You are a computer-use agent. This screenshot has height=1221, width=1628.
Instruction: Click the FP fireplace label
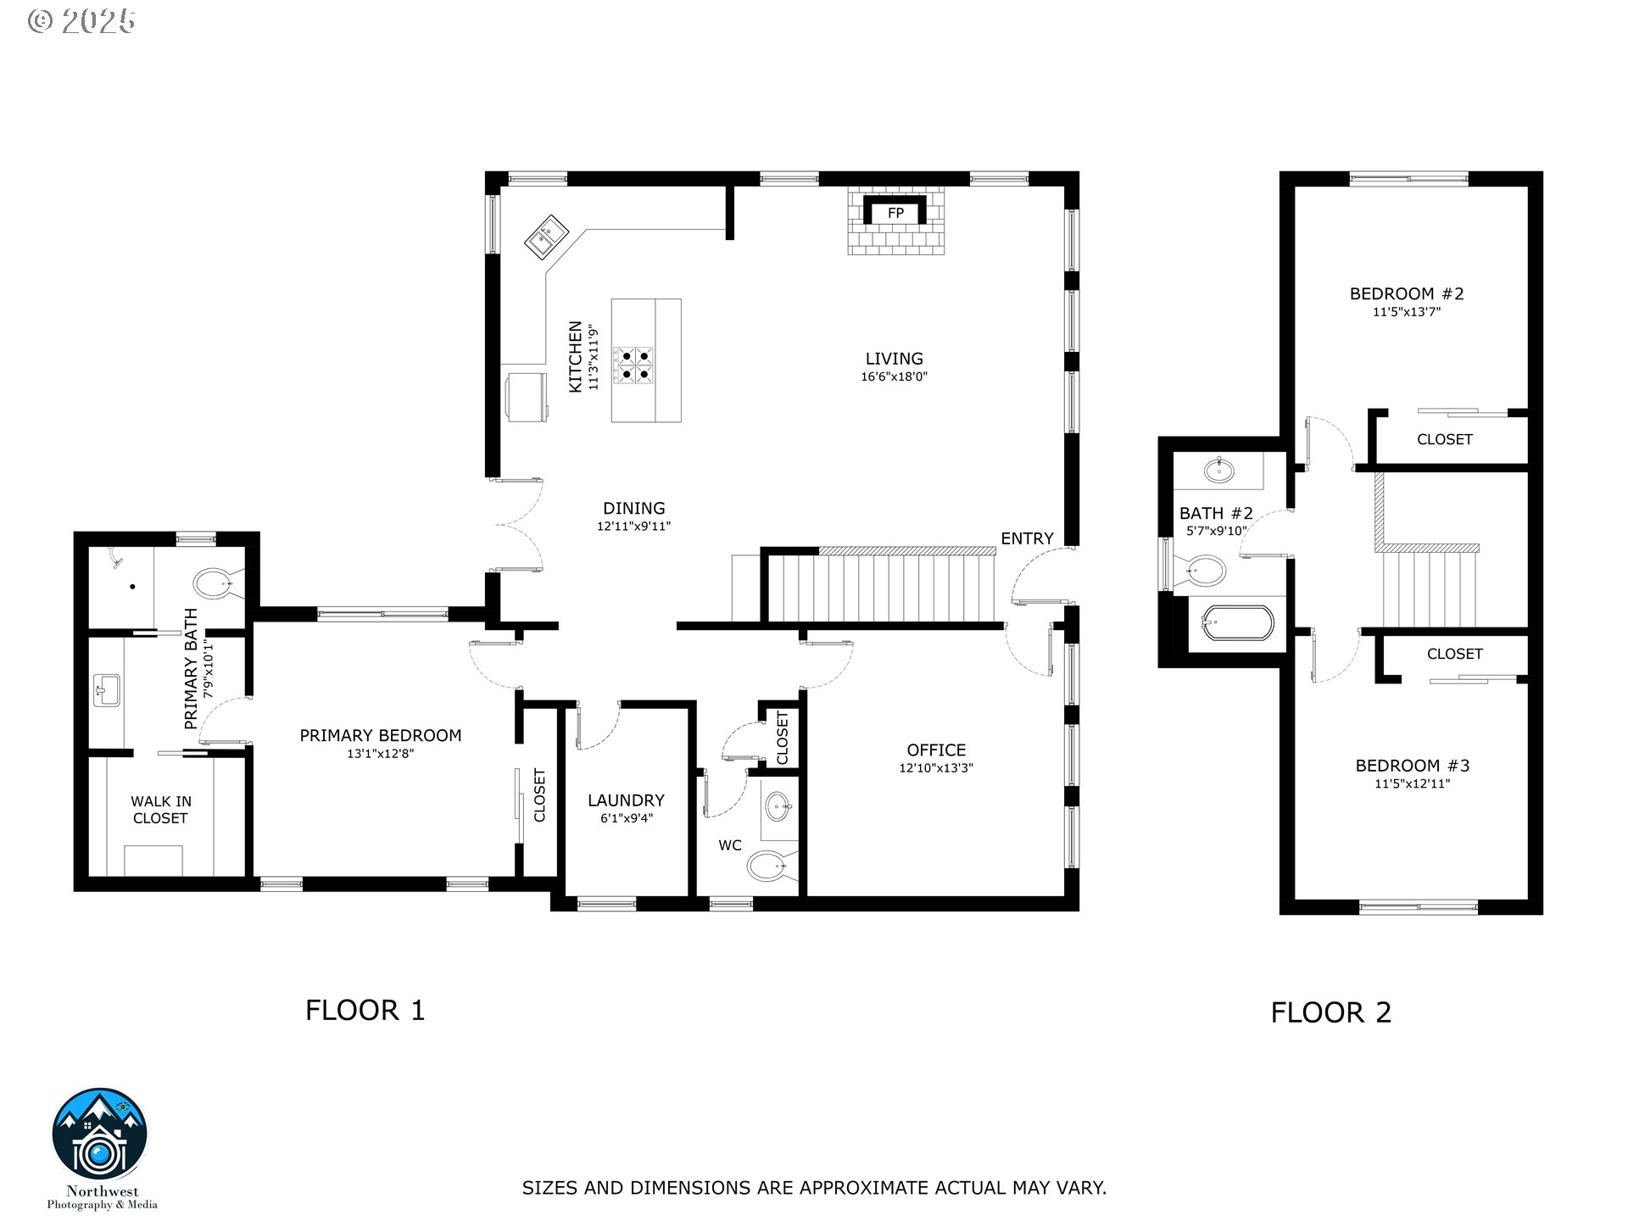pos(895,214)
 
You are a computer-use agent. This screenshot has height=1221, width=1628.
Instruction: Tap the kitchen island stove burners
pos(634,365)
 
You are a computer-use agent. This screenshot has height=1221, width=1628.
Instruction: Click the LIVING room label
pos(894,359)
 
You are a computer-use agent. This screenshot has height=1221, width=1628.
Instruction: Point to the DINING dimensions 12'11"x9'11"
pos(633,527)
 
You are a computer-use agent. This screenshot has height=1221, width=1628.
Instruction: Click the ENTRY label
pos(1026,538)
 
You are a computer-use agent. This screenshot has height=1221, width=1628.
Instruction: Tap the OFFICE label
pos(936,750)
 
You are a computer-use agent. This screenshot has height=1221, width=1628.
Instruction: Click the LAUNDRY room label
pos(626,800)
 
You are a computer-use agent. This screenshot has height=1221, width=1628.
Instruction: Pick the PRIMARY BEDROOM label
pos(380,735)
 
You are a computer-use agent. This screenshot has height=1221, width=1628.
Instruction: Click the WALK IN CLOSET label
pos(160,809)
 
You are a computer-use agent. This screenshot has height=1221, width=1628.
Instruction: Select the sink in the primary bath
pos(108,689)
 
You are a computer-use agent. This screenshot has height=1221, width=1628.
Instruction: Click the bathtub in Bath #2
pos(1237,624)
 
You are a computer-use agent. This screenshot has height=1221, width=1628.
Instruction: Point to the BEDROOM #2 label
pos(1407,293)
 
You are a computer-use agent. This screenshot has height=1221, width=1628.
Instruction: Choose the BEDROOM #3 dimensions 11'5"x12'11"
pos(1412,784)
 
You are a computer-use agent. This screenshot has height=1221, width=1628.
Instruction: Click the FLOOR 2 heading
pos(1330,1012)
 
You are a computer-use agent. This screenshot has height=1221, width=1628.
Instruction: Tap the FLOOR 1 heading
pos(365,1010)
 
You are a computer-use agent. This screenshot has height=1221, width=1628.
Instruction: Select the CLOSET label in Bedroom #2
pos(1444,439)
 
